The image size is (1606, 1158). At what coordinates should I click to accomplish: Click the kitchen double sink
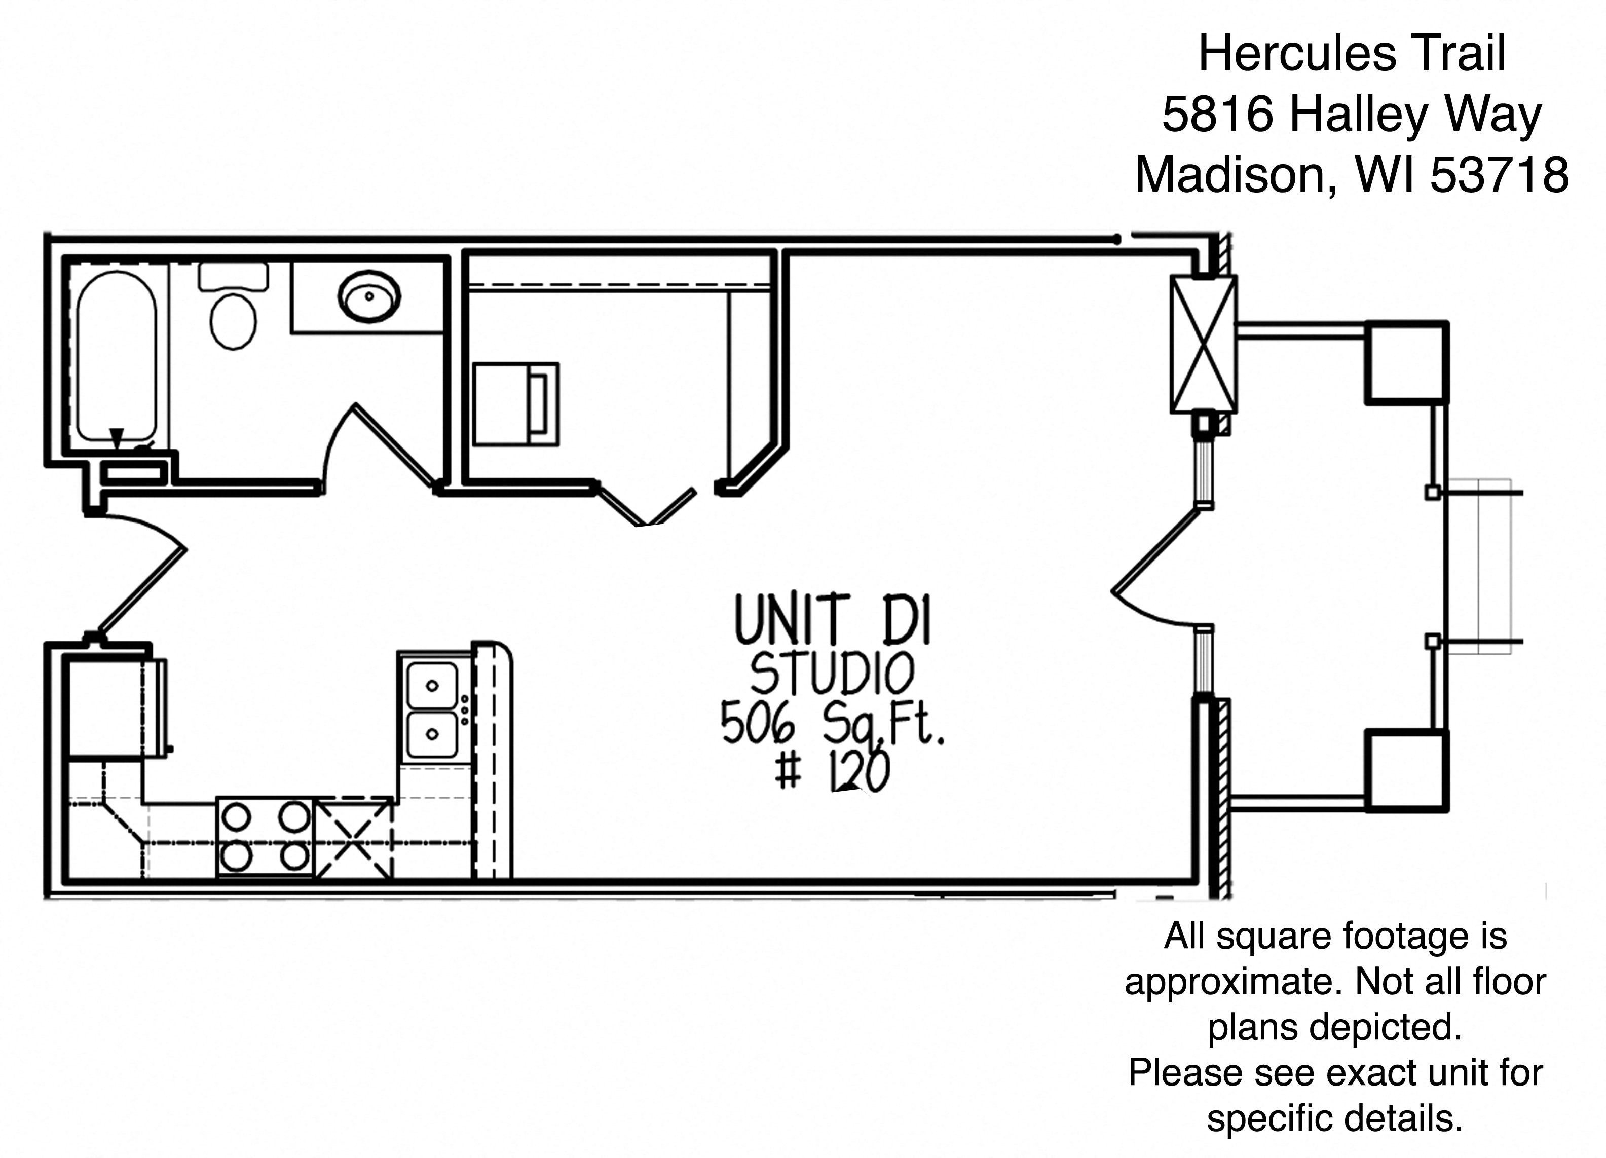pos(433,709)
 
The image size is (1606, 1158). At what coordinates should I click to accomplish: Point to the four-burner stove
pos(265,837)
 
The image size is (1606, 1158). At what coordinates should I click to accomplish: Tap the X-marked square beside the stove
pos(353,838)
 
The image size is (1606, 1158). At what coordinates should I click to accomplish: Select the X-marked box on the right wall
pos(1203,344)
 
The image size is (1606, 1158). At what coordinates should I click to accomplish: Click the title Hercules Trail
pos(1352,54)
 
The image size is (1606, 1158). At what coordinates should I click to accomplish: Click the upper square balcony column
pos(1406,363)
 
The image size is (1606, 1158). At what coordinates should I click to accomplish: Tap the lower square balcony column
pos(1406,771)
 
